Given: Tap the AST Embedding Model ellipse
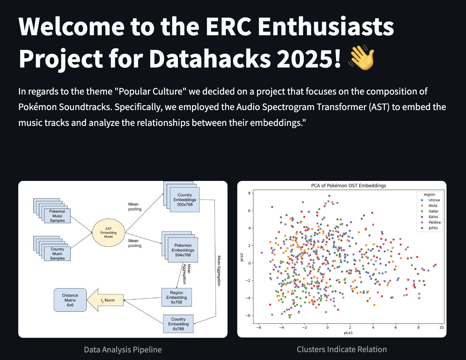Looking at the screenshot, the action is click(109, 233).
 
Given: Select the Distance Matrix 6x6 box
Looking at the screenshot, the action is click(70, 300).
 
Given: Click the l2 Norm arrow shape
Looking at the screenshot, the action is click(105, 300).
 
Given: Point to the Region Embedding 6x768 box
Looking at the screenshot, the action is click(176, 297).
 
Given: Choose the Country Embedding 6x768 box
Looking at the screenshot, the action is click(178, 324).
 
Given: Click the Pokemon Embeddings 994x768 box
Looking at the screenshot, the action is click(183, 250).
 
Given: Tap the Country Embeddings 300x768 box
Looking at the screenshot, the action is click(185, 200).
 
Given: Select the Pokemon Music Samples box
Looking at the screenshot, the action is click(57, 216).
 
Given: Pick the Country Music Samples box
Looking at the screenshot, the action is click(57, 254).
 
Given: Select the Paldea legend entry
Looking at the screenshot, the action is click(431, 222).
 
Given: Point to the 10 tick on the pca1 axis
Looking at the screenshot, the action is click(442, 327).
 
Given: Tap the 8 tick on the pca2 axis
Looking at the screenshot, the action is click(249, 193).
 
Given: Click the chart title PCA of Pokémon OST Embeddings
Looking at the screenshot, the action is click(349, 185).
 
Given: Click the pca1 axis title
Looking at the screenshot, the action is click(348, 333).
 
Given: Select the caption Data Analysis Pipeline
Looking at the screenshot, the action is click(123, 349).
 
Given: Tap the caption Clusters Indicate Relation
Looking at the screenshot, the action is click(342, 349).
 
